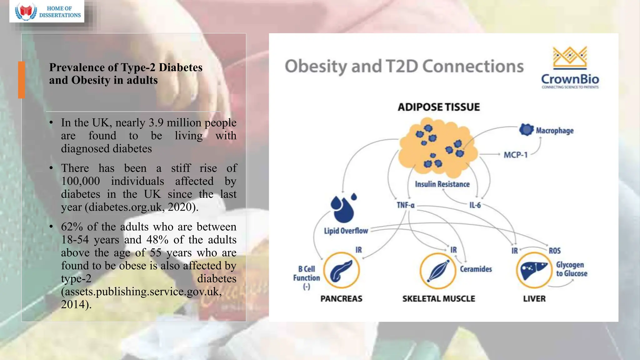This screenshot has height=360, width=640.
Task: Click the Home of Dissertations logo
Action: coord(47,12)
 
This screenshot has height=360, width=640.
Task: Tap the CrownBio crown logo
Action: coord(570,58)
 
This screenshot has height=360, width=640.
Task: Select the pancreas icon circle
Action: coord(341,270)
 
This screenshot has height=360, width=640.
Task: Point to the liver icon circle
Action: coord(534,270)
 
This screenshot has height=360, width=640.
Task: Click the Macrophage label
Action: coord(554,131)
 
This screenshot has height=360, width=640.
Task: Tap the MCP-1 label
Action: coord(515,155)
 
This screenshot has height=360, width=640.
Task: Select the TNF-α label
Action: coord(405,205)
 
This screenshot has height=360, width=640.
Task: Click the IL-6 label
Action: coord(475,205)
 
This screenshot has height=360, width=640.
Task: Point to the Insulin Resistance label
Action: coord(442,184)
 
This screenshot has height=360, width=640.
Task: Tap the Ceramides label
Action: coord(476,269)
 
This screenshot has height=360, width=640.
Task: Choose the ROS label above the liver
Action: coord(554,251)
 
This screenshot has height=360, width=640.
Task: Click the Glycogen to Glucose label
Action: coord(571,269)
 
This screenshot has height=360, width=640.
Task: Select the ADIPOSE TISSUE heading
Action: coord(438,107)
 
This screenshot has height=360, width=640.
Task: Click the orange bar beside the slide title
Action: coord(22,80)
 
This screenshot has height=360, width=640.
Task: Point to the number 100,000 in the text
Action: coord(80,181)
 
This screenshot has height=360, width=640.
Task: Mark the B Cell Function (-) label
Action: coord(306,277)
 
